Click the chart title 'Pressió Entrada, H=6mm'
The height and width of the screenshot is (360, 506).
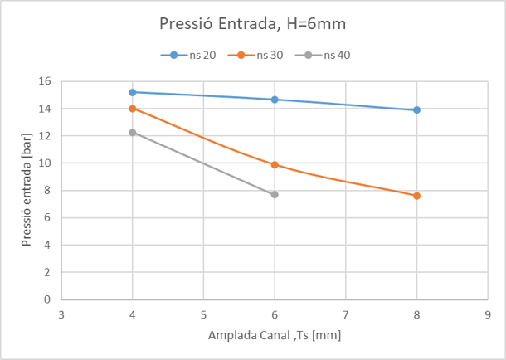point(253,25)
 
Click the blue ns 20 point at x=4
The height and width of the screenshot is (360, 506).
point(133,92)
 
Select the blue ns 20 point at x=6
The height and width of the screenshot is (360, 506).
point(275,100)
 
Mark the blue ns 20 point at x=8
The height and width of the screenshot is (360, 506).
point(416,109)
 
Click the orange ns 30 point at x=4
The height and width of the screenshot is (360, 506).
point(133,109)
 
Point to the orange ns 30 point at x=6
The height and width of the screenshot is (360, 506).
point(275,165)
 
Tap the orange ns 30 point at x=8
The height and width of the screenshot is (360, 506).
point(416,196)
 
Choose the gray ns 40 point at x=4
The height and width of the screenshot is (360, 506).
point(133,133)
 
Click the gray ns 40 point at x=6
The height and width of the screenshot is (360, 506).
point(275,195)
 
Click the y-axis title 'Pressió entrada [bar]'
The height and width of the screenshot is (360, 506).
point(27,190)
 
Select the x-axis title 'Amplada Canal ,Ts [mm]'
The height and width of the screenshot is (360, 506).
point(275,335)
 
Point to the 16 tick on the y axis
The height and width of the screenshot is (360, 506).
point(45,81)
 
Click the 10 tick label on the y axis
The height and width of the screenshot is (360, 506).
point(45,163)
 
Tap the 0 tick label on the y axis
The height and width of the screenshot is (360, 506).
point(48,299)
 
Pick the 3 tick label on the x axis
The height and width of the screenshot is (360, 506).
point(61,315)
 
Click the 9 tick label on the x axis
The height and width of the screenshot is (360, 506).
point(488,315)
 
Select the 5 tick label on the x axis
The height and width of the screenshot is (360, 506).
point(203,315)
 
